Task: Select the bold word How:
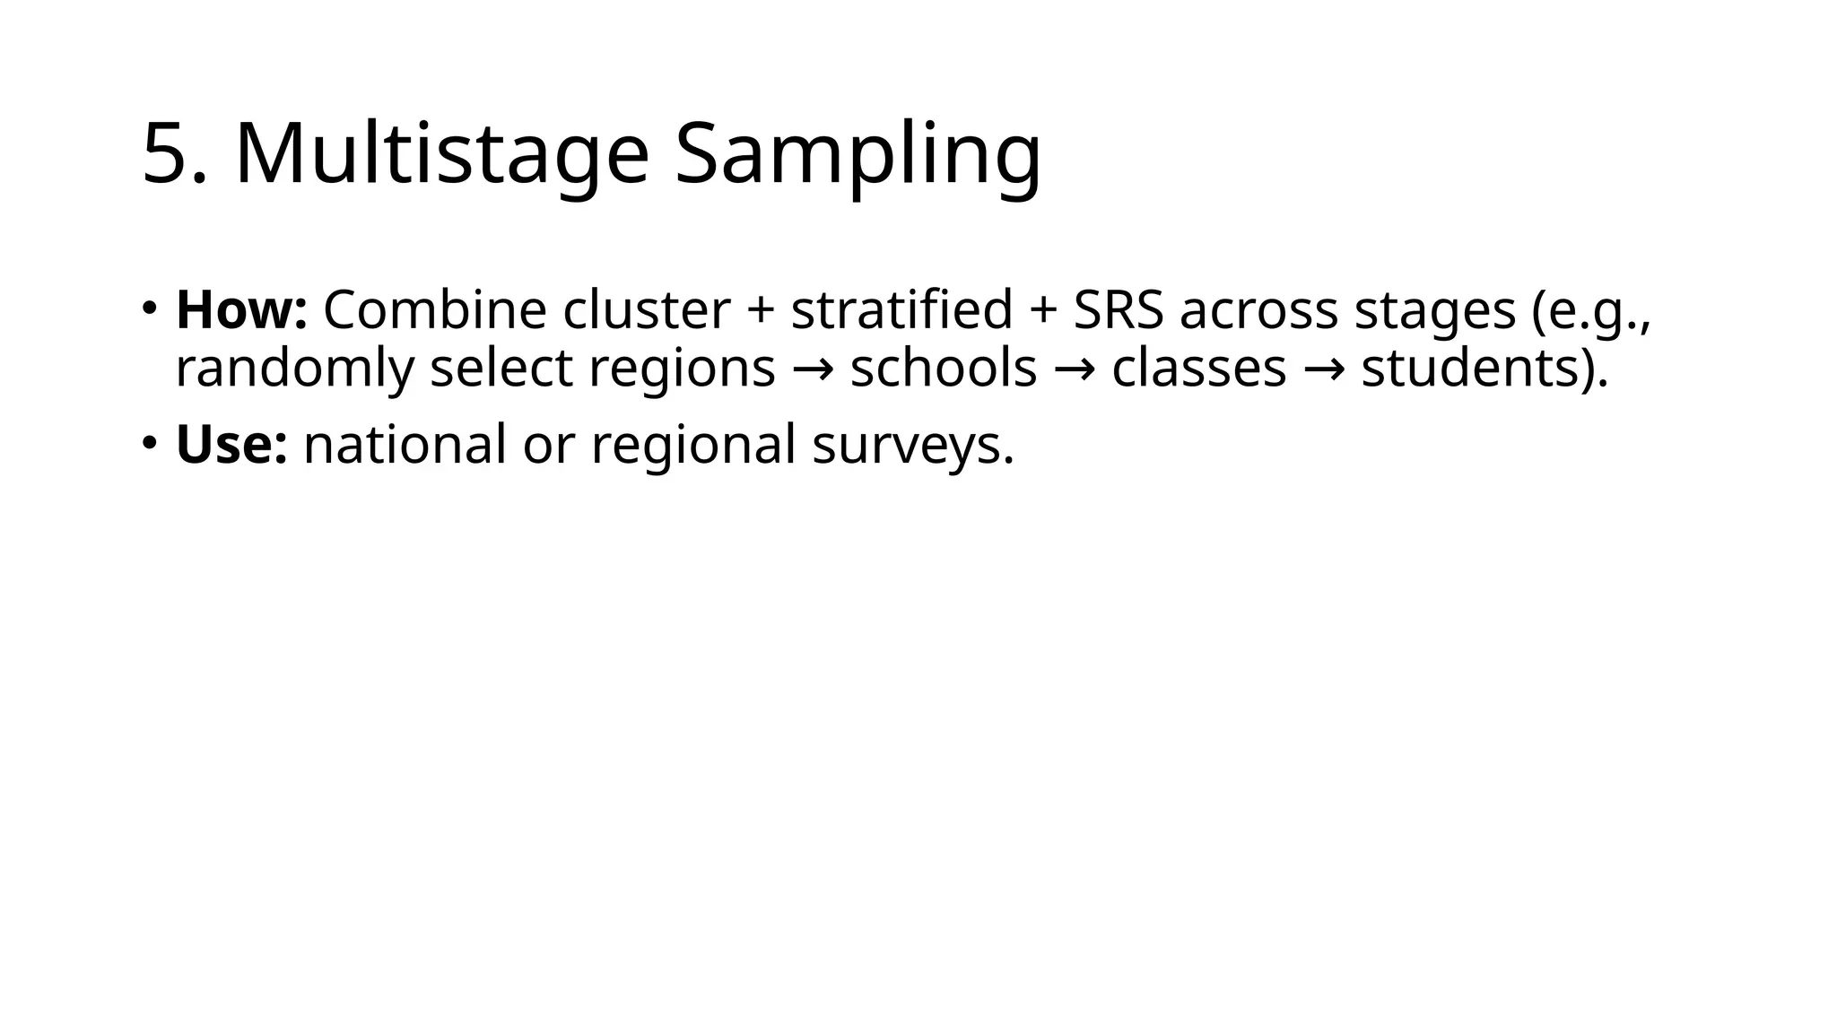[241, 310]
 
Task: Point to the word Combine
[435, 310]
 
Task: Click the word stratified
[901, 310]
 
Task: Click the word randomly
[295, 369]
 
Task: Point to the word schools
[944, 369]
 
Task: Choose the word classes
[1199, 369]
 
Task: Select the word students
[1476, 369]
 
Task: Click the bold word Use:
[231, 445]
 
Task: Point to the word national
[405, 445]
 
